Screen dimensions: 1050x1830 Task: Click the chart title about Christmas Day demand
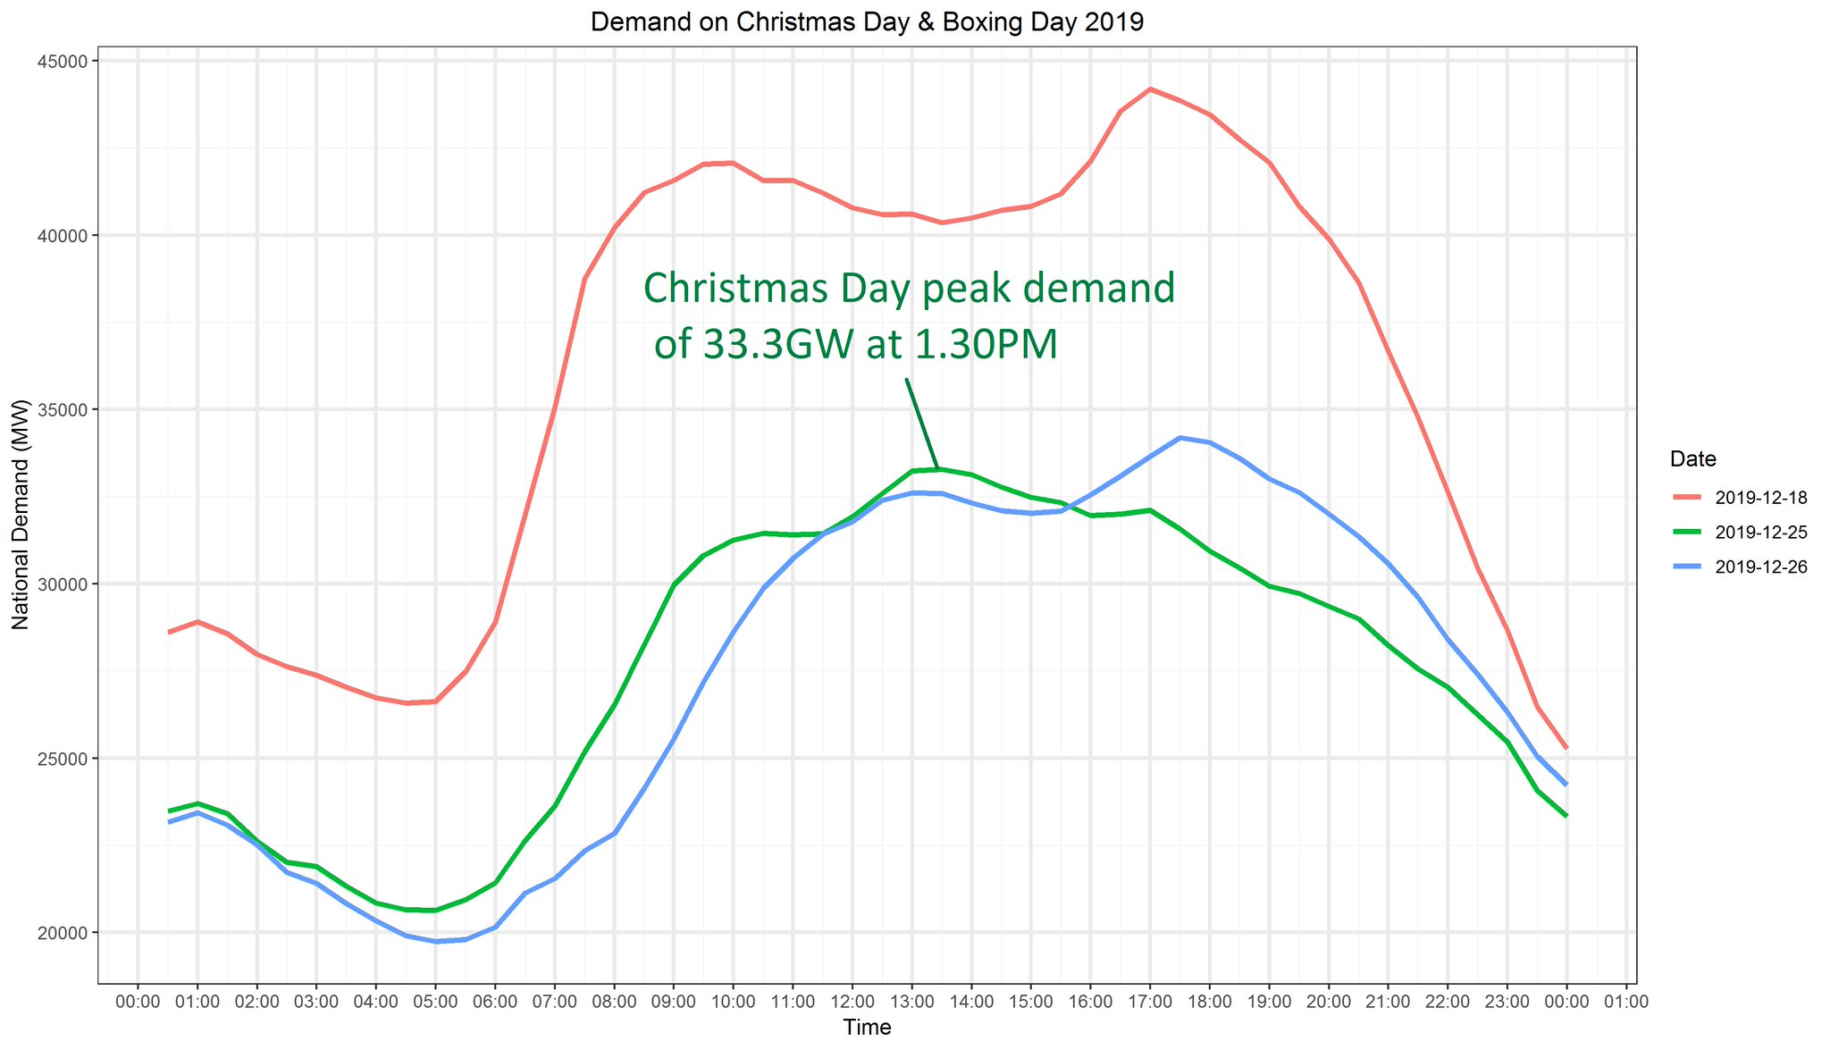tap(867, 22)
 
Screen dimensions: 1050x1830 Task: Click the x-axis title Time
tap(867, 1028)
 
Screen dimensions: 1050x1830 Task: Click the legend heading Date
tap(1692, 459)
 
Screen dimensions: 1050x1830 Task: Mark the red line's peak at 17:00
tap(1150, 89)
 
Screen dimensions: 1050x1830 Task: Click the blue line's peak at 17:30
tap(1180, 438)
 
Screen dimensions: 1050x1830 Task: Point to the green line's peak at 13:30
tap(940, 469)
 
